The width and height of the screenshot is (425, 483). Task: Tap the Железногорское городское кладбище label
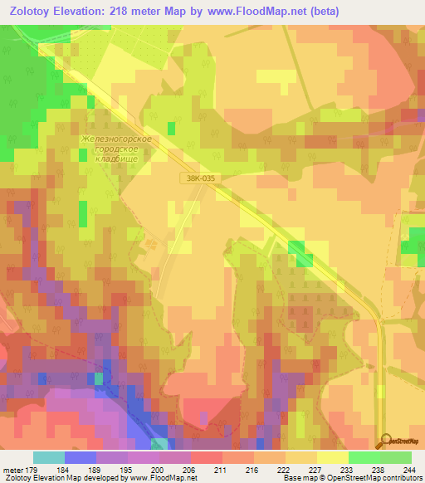point(116,148)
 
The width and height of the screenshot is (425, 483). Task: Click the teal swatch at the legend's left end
point(48,457)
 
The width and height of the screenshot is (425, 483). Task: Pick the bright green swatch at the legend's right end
point(395,457)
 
